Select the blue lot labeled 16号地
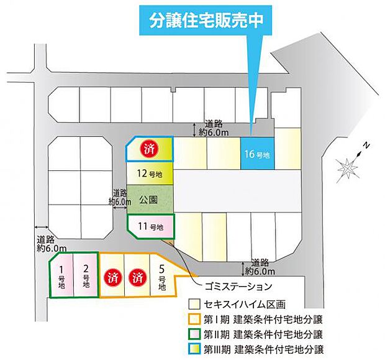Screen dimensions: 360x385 point(257,153)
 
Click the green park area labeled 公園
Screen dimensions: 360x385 point(149,200)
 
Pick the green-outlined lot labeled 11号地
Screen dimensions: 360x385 point(151,226)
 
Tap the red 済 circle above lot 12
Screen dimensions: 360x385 point(149,149)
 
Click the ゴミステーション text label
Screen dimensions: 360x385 point(238,287)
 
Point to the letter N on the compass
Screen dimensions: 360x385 point(366,145)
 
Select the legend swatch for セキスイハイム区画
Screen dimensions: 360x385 point(194,305)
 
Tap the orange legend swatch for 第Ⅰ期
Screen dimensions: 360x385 point(194,319)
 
